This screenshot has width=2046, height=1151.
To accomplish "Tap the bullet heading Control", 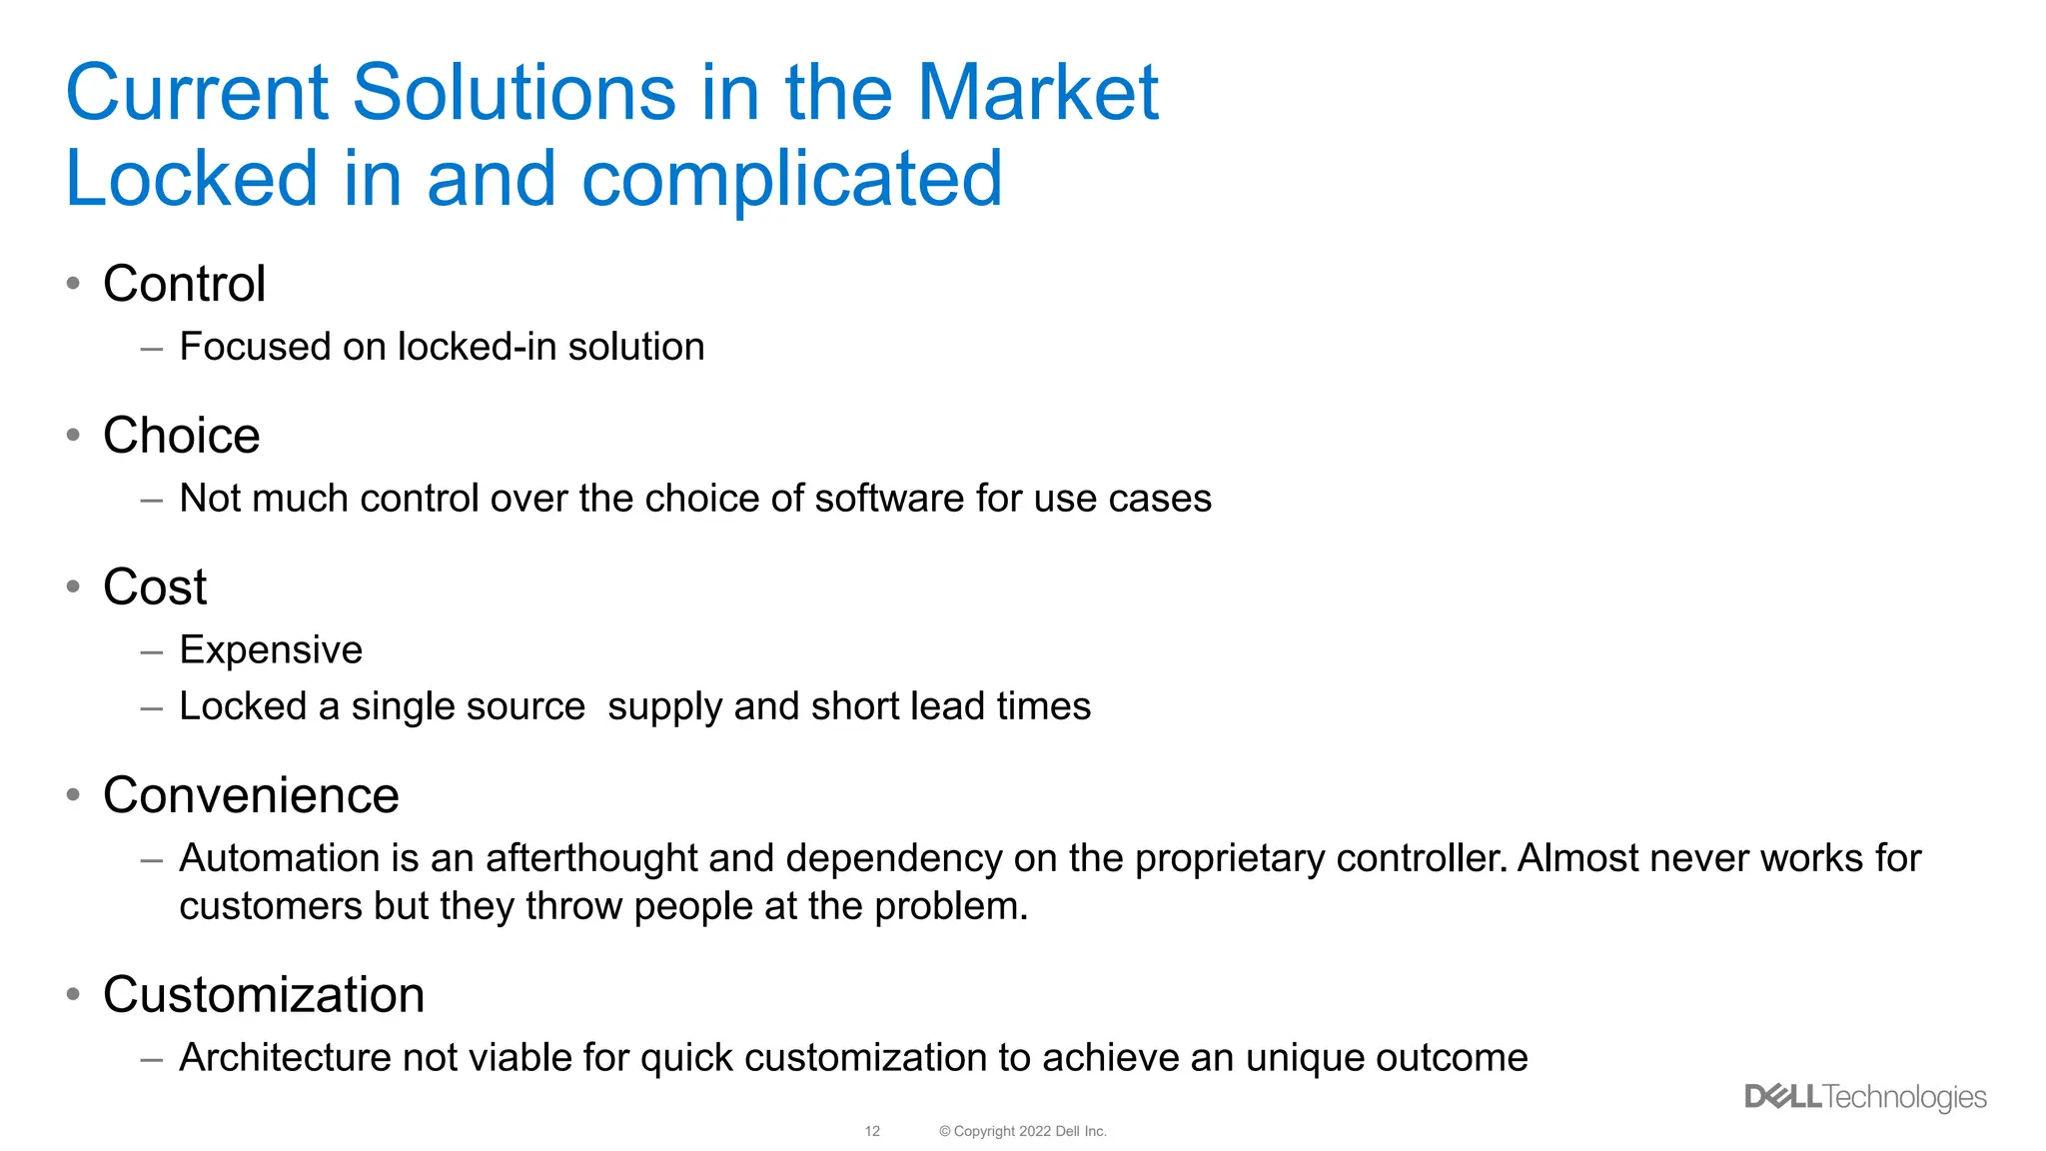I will (x=185, y=284).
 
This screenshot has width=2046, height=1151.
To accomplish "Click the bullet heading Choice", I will (x=182, y=436).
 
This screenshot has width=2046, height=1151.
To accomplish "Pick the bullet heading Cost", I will (x=155, y=586).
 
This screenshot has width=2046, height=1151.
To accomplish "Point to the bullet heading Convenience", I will (x=251, y=795).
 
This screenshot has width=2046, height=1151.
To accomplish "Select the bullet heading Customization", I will (x=264, y=995).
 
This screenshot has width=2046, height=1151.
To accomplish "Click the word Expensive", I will (x=271, y=650).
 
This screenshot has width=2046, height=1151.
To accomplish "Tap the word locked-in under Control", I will (x=477, y=347).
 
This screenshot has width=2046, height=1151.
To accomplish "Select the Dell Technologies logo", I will (x=1865, y=1097).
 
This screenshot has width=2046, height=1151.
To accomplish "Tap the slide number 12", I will (x=872, y=1131).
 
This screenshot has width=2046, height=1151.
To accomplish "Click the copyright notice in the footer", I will (x=1022, y=1131).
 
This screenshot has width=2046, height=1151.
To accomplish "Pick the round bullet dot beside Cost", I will (x=73, y=586).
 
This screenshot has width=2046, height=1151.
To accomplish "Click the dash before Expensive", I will (x=152, y=652).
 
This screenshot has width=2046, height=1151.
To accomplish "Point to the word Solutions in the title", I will (x=514, y=92).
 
